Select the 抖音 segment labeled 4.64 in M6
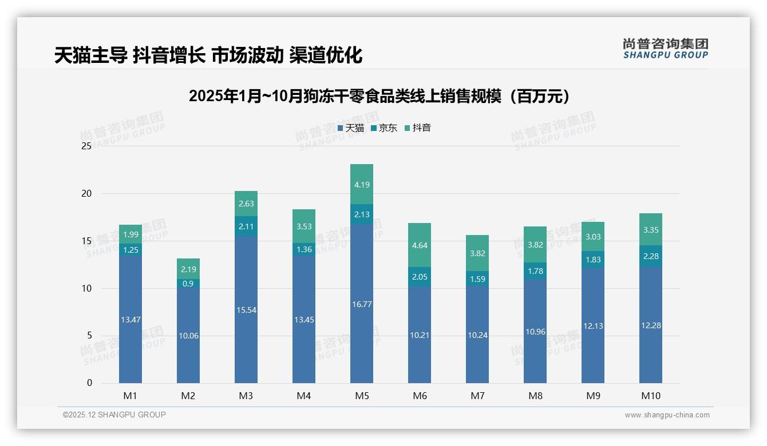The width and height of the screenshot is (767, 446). pyautogui.click(x=419, y=245)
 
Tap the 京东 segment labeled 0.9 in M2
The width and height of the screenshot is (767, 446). pyautogui.click(x=188, y=284)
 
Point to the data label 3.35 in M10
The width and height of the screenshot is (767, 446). pyautogui.click(x=650, y=230)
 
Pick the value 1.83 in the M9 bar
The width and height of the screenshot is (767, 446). pyautogui.click(x=592, y=260)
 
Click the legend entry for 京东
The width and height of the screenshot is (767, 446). pyautogui.click(x=384, y=128)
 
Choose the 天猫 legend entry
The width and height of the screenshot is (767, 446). pyautogui.click(x=351, y=128)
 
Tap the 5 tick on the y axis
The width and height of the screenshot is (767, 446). pyautogui.click(x=89, y=336)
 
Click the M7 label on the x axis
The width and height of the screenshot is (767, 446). pyautogui.click(x=477, y=396)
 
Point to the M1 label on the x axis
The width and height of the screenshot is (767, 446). pyautogui.click(x=130, y=396)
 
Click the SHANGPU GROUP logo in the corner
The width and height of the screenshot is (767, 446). pyautogui.click(x=666, y=49)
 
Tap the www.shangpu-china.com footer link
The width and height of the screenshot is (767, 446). pyautogui.click(x=667, y=415)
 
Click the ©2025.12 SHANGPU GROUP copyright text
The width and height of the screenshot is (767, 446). pyautogui.click(x=114, y=415)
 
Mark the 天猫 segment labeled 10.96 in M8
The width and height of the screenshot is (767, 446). pyautogui.click(x=535, y=331)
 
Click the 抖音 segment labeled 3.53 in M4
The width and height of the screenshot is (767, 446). pyautogui.click(x=303, y=226)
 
